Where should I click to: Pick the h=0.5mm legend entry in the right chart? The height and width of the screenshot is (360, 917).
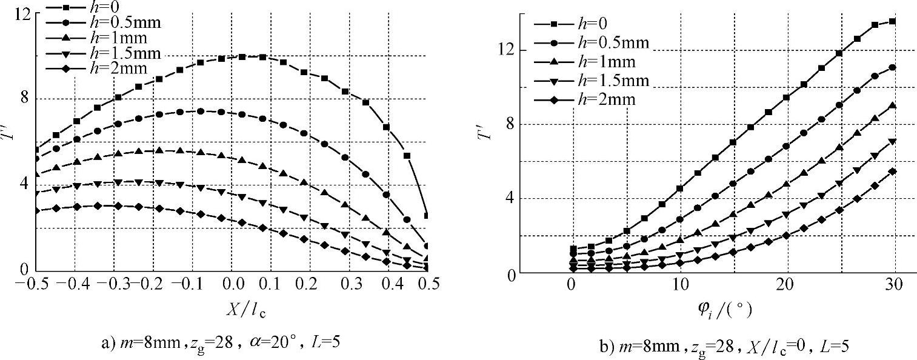click(x=591, y=42)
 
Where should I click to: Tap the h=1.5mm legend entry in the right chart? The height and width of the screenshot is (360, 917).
click(x=591, y=81)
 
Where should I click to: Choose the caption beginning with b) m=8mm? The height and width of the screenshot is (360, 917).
click(x=728, y=346)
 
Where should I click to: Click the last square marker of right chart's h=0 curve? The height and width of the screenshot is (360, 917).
click(x=892, y=22)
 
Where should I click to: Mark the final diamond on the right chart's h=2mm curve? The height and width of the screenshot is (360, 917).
click(x=892, y=172)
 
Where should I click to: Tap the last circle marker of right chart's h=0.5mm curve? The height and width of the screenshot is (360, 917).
click(x=892, y=68)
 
